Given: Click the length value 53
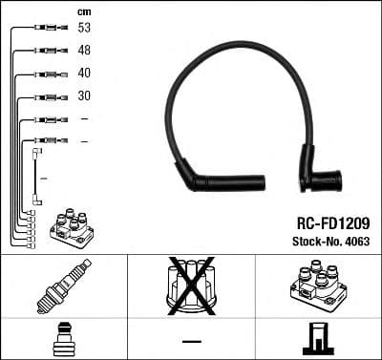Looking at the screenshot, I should (x=84, y=28).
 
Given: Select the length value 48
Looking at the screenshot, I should (x=84, y=51).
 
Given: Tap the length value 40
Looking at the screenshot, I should (x=84, y=74).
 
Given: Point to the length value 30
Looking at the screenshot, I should (x=84, y=96).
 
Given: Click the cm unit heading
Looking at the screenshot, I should (x=83, y=11).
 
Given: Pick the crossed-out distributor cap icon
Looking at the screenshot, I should (x=192, y=284).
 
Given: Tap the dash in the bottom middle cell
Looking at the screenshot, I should (x=191, y=341).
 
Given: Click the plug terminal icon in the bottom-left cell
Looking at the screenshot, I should (x=63, y=339).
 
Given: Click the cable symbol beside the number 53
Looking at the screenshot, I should (x=48, y=29).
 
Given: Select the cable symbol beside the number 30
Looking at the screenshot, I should (x=48, y=96).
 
